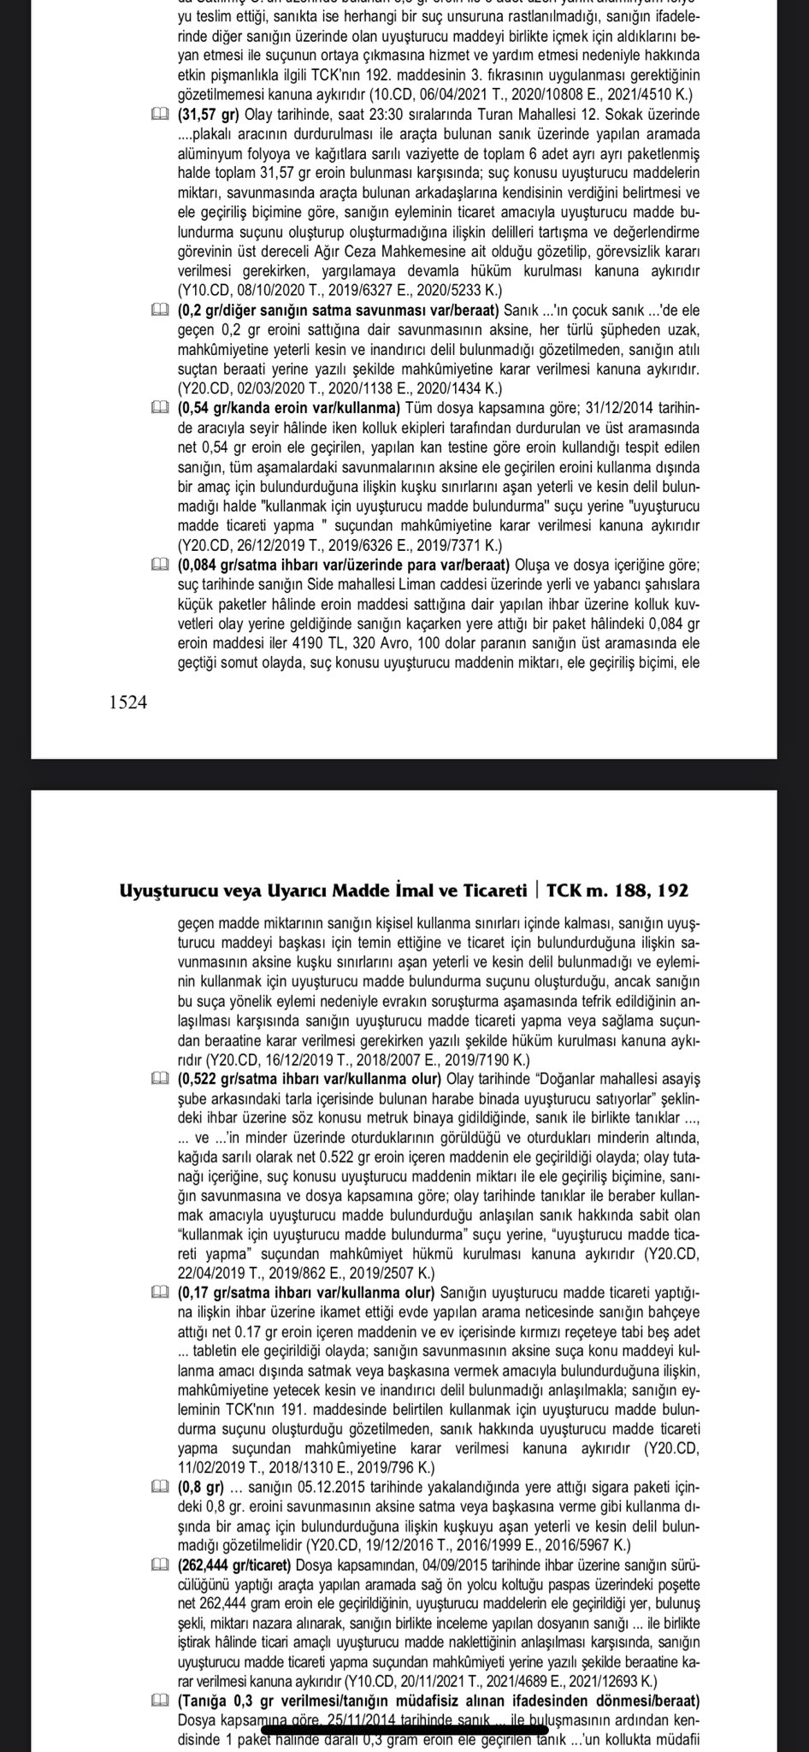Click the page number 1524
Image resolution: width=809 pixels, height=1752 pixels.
click(128, 702)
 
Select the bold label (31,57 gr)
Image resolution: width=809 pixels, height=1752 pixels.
click(210, 115)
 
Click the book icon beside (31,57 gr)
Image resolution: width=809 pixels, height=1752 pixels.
click(159, 115)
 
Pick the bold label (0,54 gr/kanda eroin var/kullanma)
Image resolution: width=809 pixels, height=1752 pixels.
click(289, 405)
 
